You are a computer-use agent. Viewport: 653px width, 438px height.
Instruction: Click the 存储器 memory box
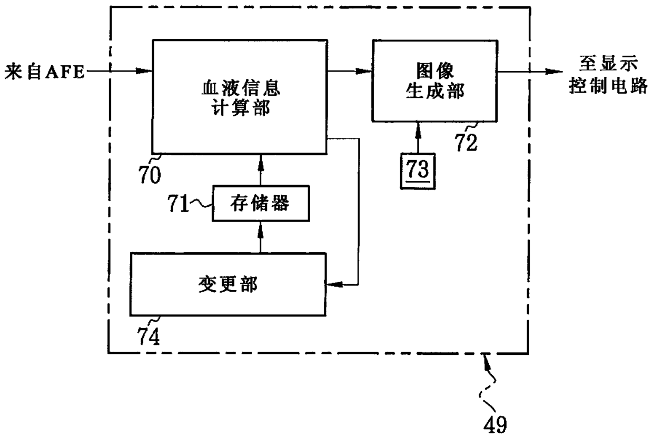click(260, 203)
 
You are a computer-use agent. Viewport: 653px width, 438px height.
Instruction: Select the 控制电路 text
click(608, 86)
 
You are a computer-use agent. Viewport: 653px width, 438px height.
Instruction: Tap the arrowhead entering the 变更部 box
click(333, 284)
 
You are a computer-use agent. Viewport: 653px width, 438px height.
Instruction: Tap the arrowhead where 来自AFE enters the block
click(145, 71)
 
